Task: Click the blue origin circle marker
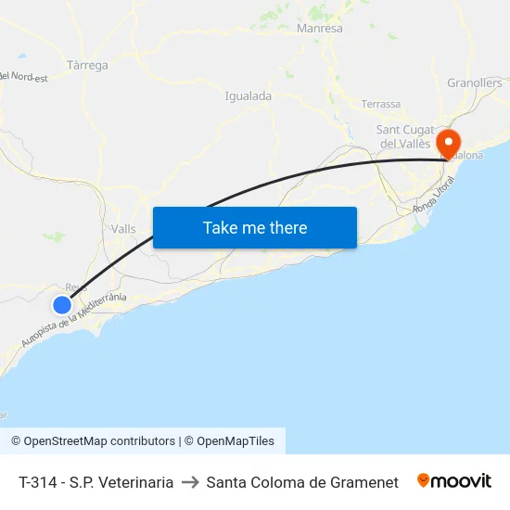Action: (62, 304)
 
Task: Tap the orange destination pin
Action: (448, 143)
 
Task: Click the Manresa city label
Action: (319, 29)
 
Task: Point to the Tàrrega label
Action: (88, 66)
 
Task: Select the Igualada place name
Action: (249, 96)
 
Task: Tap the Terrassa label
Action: (381, 104)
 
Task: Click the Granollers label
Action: (474, 83)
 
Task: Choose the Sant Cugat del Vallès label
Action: (403, 136)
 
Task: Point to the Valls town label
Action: (122, 229)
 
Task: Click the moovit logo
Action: (454, 481)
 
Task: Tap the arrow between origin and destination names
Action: (189, 482)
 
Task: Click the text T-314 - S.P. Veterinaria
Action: (96, 482)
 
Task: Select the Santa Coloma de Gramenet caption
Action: (302, 482)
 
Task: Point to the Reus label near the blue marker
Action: (77, 287)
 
